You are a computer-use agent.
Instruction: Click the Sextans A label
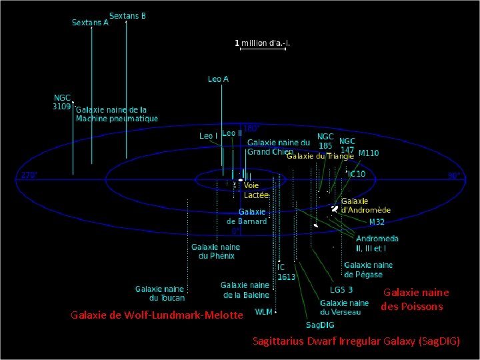tap(90, 23)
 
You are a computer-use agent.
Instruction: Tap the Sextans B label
tap(127, 15)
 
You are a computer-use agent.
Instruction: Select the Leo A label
tap(218, 79)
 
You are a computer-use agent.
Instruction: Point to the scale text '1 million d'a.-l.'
tap(263, 43)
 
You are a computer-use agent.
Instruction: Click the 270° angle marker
tap(29, 175)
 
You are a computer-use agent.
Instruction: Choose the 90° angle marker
tap(453, 176)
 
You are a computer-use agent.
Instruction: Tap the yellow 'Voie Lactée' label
tap(256, 190)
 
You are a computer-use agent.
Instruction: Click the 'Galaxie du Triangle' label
tap(320, 156)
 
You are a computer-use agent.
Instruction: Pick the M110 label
tap(369, 153)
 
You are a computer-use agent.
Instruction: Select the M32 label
tap(377, 222)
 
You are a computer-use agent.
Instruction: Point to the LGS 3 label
tap(341, 290)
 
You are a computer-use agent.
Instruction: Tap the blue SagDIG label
tap(317, 325)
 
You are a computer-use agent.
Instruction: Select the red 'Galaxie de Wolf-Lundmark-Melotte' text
tap(157, 315)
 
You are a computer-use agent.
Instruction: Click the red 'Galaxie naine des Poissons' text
tap(413, 299)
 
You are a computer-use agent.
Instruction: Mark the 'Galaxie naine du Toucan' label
tap(159, 294)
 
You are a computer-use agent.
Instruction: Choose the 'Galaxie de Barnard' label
tap(246, 216)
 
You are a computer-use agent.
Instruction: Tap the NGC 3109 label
tap(62, 101)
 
